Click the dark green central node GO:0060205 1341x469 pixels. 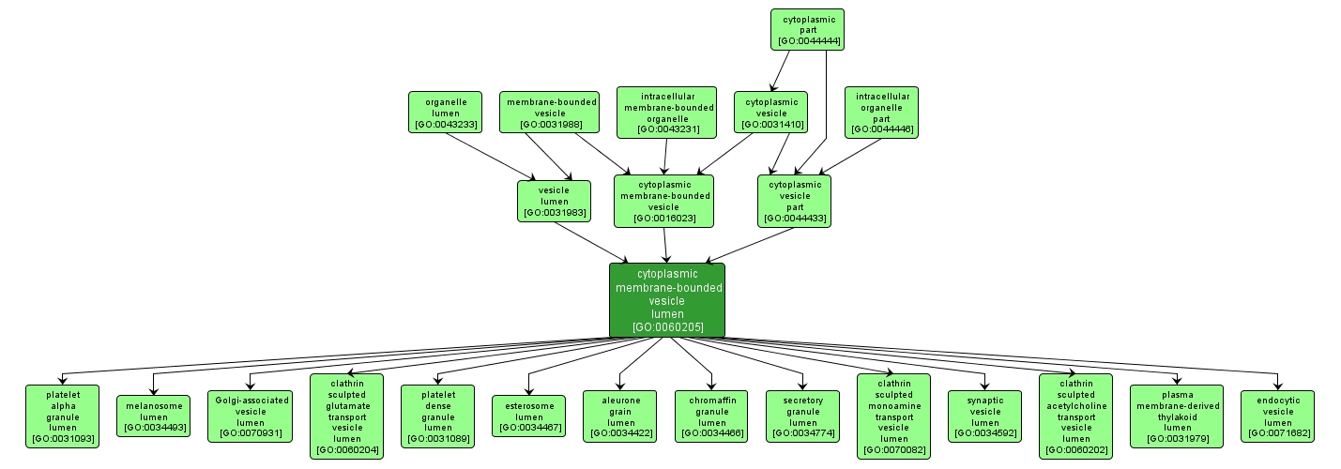666,300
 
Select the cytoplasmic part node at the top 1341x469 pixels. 807,29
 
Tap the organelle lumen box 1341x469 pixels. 445,113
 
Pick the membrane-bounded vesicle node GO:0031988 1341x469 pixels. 549,113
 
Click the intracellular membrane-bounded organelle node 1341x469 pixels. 666,113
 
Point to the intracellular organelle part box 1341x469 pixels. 881,113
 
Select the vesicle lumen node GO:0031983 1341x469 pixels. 554,201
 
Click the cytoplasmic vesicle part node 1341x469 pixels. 794,201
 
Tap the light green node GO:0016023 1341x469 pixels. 663,201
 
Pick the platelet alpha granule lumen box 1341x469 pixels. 63,415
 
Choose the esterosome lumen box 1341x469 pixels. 528,416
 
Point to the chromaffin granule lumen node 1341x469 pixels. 711,416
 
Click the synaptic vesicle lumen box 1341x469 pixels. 984,416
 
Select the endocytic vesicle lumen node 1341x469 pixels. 1277,416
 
